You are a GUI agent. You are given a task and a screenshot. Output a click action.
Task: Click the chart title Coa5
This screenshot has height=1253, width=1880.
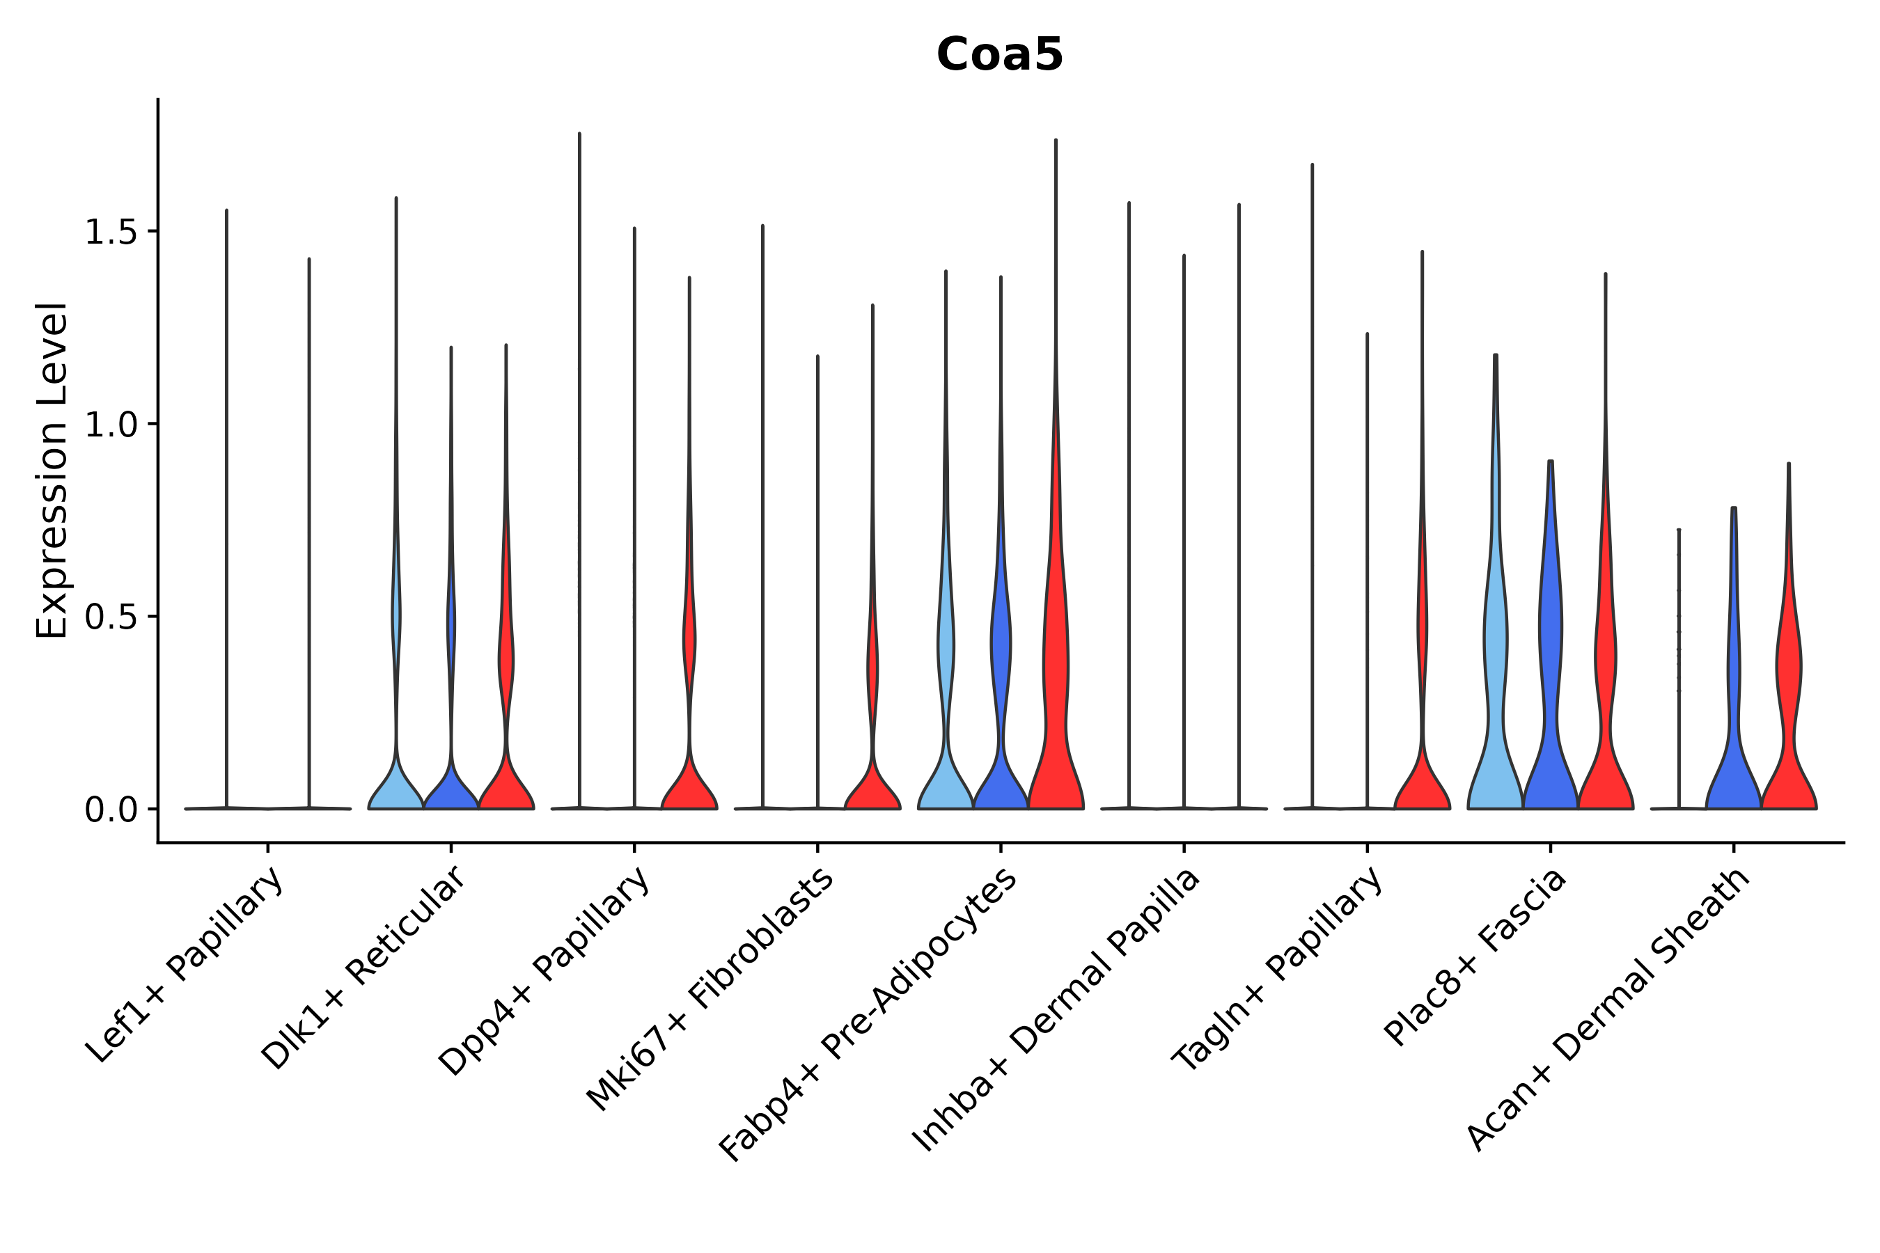999,55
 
